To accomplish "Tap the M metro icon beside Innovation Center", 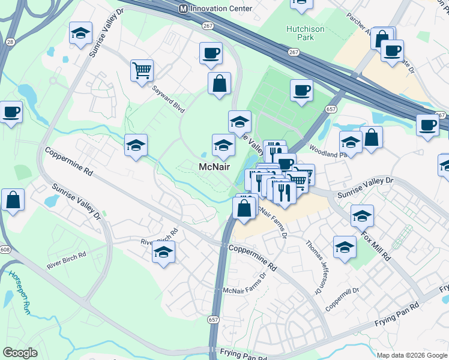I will pyautogui.click(x=184, y=9).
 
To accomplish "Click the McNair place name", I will pyautogui.click(x=214, y=167).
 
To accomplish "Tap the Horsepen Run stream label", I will pyautogui.click(x=18, y=292).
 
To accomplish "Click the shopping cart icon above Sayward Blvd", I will pyautogui.click(x=142, y=71).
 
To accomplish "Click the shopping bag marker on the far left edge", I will pyautogui.click(x=13, y=200).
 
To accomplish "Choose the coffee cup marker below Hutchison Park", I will pyautogui.click(x=301, y=91).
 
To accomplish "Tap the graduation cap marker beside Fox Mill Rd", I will pyautogui.click(x=362, y=215).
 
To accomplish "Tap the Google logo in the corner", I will pyautogui.click(x=20, y=353).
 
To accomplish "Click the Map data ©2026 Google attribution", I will pyautogui.click(x=412, y=355).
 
